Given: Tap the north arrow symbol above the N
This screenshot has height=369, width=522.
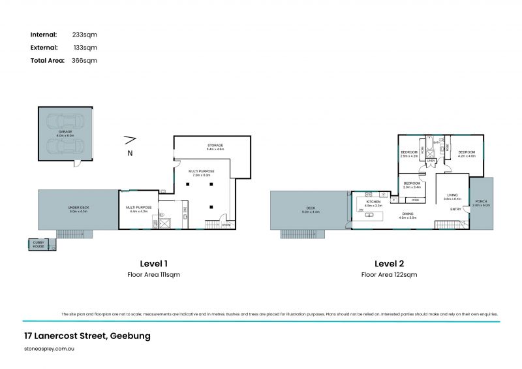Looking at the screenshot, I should pyautogui.click(x=130, y=138).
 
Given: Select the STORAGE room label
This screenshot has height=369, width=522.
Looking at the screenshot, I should pyautogui.click(x=215, y=145).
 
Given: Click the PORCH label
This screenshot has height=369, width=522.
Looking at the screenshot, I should pyautogui.click(x=480, y=201).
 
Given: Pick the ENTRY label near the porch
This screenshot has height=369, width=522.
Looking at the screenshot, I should pyautogui.click(x=456, y=209).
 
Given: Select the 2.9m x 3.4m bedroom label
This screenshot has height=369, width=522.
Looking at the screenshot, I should pyautogui.click(x=412, y=184).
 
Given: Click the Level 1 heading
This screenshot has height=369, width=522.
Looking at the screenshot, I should pyautogui.click(x=153, y=263).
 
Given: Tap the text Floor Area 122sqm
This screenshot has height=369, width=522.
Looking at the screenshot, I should pyautogui.click(x=390, y=275).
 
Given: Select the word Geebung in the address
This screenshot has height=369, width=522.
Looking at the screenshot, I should pyautogui.click(x=129, y=336).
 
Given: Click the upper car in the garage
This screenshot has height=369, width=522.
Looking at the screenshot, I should pyautogui.click(x=65, y=121).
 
